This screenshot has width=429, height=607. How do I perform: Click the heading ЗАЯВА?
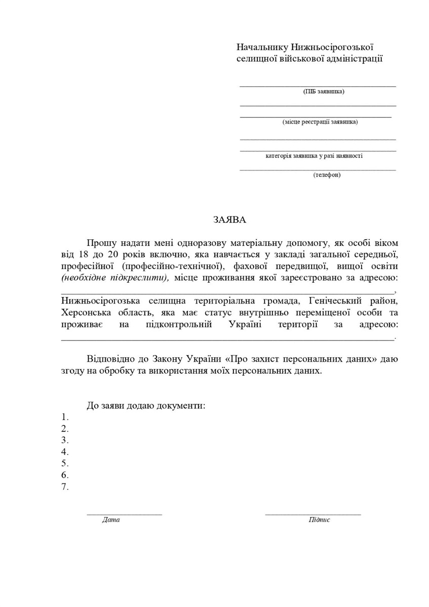pyautogui.click(x=229, y=220)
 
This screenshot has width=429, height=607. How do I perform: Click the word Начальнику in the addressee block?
pyautogui.click(x=262, y=47)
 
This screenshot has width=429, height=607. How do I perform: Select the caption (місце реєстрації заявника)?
pyautogui.click(x=320, y=122)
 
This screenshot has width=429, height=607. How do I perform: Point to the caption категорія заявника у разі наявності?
pyautogui.click(x=314, y=156)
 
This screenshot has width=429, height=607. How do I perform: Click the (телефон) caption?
pyautogui.click(x=327, y=175)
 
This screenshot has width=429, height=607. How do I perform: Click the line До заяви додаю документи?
pyautogui.click(x=146, y=406)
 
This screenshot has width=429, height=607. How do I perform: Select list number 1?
pyautogui.click(x=65, y=417)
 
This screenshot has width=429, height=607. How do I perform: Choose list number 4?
pyautogui.click(x=65, y=452)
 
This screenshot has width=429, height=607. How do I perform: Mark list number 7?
pyautogui.click(x=65, y=487)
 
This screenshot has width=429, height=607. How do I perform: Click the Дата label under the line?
pyautogui.click(x=111, y=520)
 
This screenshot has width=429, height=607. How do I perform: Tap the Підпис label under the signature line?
pyautogui.click(x=319, y=520)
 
